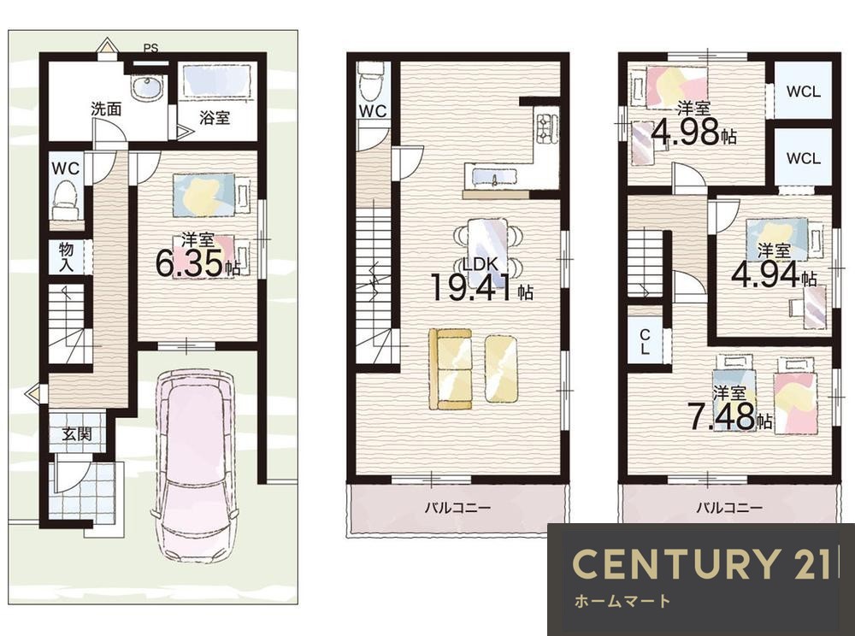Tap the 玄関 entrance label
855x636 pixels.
tap(76, 434)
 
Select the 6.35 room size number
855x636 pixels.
tap(189, 263)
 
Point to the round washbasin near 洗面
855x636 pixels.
tap(146, 88)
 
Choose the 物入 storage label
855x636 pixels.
tap(67, 257)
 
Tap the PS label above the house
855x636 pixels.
tap(151, 48)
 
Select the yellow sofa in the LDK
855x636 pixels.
tap(451, 369)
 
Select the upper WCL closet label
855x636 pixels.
tap(803, 91)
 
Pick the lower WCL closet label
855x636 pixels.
tap(803, 158)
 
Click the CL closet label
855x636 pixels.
tap(645, 342)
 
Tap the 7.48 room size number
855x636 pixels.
tap(721, 416)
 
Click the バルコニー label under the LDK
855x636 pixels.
tap(458, 508)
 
